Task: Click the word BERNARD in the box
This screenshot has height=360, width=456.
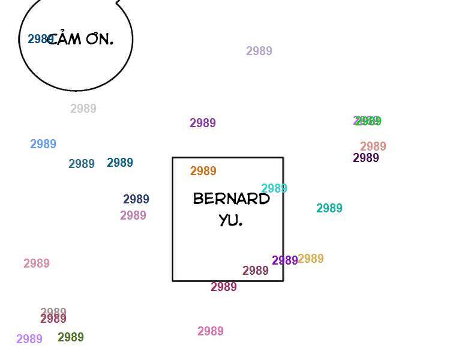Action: coord(231,199)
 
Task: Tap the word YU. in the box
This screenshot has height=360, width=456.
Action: coord(231,220)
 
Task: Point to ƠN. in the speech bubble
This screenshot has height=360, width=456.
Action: coord(99,39)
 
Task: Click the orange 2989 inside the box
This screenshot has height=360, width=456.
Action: coord(203,171)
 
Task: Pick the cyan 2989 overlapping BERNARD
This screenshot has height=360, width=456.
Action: coord(274,188)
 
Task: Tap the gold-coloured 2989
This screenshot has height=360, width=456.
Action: coord(311,259)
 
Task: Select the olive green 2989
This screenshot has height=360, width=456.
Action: coord(71,337)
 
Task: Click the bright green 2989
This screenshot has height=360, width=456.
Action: coord(369,121)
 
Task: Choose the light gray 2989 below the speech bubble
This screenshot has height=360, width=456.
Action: coord(83,109)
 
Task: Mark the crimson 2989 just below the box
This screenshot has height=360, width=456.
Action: coord(224,287)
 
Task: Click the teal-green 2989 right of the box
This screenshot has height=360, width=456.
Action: coord(329,208)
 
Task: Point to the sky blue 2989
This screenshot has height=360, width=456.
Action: coord(43,144)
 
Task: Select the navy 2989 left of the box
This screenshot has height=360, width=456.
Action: coord(136,199)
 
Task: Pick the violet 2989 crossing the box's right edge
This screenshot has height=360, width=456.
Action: coord(284,260)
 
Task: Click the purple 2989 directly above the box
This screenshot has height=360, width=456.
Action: coord(203,123)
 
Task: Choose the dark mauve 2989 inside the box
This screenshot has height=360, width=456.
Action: coord(256,271)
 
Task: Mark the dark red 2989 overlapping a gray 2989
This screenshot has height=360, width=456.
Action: coord(53,319)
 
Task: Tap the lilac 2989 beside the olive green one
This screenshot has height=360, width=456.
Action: coord(29,339)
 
